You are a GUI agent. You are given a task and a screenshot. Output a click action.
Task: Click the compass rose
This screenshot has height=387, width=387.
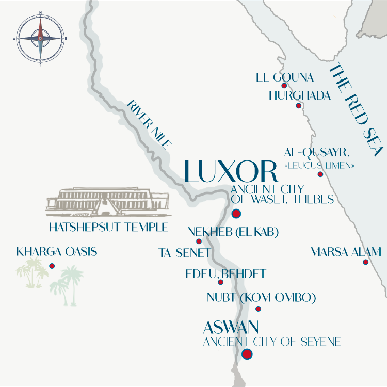point(40,38)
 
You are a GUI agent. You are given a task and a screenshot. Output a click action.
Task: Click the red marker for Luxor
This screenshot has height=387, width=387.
point(236,214)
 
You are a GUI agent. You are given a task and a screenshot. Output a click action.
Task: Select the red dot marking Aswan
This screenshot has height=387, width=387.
point(247,354)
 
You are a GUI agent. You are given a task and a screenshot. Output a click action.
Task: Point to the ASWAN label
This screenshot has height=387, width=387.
point(231,327)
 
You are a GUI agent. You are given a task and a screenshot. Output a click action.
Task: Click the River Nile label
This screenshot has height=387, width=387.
point(149,124)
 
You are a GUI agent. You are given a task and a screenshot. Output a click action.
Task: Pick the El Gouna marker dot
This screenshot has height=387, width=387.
point(284,86)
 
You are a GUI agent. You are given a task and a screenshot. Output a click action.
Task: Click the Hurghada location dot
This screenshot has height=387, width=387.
point(298,106)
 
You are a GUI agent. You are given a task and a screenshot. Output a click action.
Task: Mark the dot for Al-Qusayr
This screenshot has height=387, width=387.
point(320,174)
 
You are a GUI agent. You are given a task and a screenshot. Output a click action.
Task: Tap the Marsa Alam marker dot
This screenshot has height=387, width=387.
point(365,262)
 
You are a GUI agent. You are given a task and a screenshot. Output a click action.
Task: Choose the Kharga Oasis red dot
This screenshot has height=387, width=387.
point(52,266)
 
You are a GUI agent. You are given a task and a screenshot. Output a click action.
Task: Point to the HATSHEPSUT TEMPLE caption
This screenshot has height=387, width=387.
point(108,227)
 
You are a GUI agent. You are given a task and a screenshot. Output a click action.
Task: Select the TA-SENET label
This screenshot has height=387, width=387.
point(185,253)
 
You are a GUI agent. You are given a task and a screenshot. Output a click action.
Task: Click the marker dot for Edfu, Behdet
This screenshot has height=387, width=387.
point(221,282)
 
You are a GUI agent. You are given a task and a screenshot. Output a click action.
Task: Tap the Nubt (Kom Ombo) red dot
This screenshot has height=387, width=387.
point(259,309)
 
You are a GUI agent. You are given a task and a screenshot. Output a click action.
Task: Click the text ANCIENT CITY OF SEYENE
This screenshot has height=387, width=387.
point(272,342)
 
